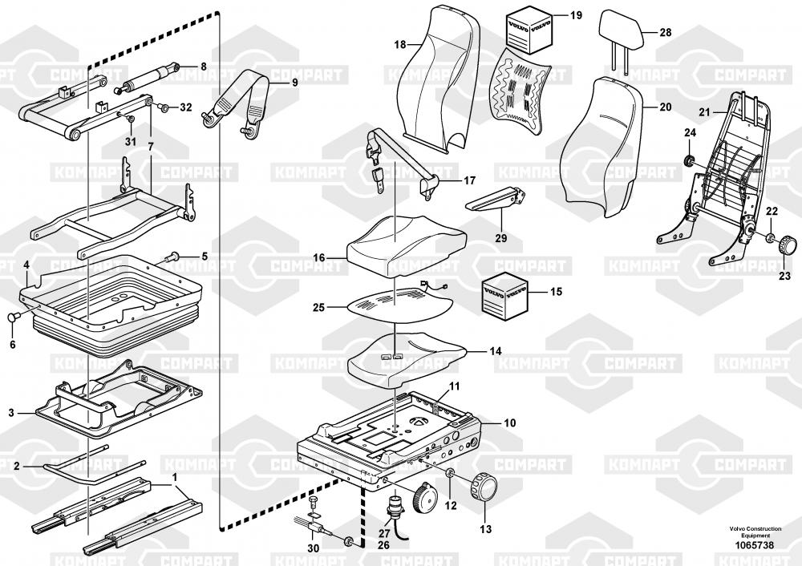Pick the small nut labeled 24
coord(687,161)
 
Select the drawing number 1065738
coord(751,545)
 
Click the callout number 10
coord(510,422)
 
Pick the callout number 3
coord(11,413)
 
